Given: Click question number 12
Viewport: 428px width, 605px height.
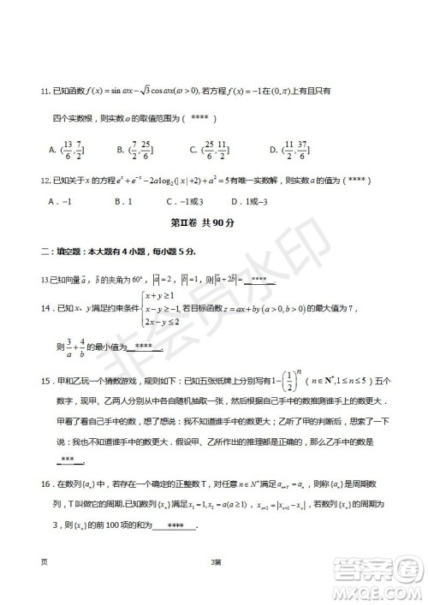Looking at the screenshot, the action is coord(35,181).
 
